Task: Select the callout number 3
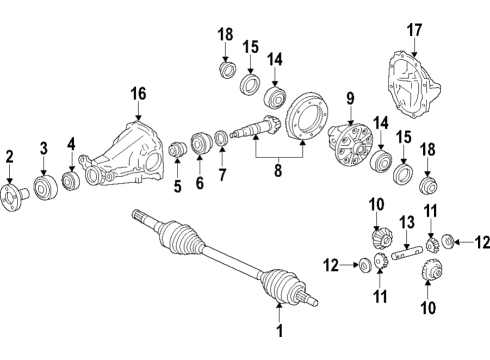click(x=43, y=149)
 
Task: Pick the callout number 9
click(x=350, y=98)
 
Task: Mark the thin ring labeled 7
click(x=221, y=136)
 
